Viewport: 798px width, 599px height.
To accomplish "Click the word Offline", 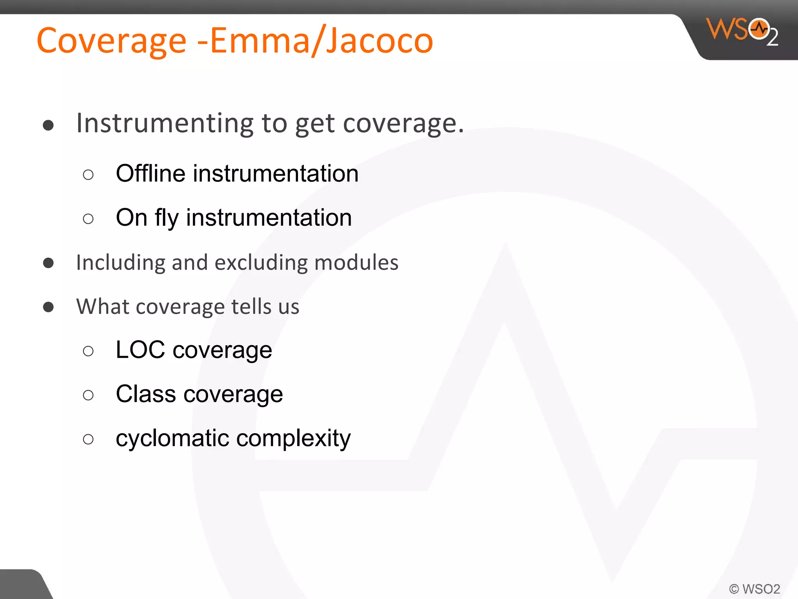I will click(x=150, y=174).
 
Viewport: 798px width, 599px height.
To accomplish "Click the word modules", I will click(x=356, y=263).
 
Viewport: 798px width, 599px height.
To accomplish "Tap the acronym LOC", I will click(x=140, y=350).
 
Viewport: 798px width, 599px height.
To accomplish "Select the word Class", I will click(x=146, y=394).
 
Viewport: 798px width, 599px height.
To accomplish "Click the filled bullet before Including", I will click(x=48, y=263).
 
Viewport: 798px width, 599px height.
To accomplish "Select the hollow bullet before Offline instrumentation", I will click(x=88, y=175).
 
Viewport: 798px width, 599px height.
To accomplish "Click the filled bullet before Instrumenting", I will click(x=48, y=126).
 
